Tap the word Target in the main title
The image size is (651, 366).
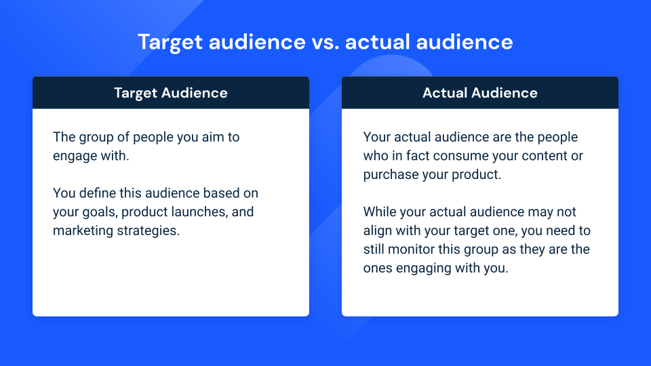[x=170, y=42]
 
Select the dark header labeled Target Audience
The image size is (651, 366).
[x=171, y=93]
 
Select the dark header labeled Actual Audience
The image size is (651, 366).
[x=480, y=93]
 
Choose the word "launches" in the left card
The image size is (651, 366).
[x=196, y=212]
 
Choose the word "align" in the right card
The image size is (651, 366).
[x=378, y=230]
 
